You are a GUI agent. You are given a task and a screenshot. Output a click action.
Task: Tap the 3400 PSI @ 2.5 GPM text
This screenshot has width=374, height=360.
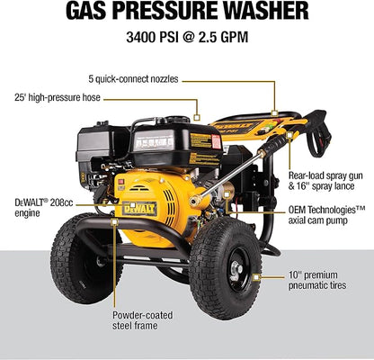click(x=186, y=40)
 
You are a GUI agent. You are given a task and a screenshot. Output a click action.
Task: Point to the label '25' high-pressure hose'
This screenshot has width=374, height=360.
click(x=68, y=96)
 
